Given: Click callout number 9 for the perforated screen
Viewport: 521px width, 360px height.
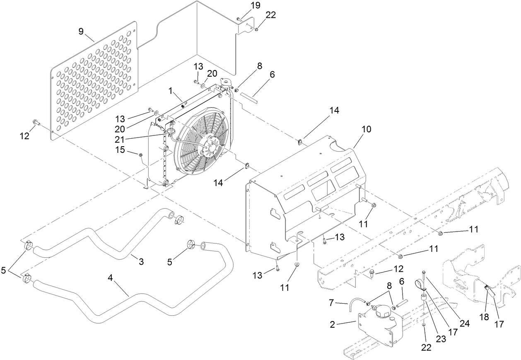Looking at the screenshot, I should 81,31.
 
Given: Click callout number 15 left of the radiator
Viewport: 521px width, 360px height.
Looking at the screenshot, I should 120,150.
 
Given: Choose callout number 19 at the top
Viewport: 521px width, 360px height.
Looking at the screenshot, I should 255,5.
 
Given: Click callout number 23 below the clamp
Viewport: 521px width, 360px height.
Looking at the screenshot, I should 441,339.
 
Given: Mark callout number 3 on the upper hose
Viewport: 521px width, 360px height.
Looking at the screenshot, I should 141,261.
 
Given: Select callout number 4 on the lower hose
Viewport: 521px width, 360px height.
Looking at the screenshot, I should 111,278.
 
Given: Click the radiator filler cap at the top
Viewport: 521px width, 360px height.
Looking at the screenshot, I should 227,83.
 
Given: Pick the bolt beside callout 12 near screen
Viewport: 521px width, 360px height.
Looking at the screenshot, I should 36,123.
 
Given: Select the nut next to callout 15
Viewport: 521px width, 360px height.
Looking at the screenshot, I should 140,155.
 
